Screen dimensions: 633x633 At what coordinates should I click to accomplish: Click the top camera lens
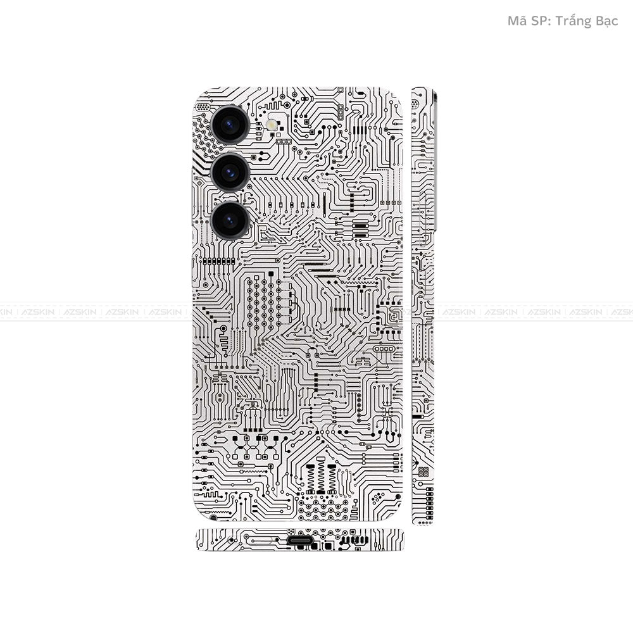click(229, 123)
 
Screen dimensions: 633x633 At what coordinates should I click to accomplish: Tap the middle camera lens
click(229, 172)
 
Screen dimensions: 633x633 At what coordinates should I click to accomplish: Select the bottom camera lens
click(229, 220)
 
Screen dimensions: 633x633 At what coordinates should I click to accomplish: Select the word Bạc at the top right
click(606, 21)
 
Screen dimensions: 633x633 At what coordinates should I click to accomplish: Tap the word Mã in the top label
click(517, 21)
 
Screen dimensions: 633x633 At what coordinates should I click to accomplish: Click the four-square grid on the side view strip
click(423, 472)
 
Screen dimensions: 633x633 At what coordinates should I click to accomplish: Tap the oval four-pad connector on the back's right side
click(384, 349)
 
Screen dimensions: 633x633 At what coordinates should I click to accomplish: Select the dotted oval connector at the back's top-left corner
click(202, 108)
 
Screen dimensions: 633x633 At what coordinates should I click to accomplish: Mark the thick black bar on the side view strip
click(417, 417)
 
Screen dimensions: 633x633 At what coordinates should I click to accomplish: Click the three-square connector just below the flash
click(284, 141)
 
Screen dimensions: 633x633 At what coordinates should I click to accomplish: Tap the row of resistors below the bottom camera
click(218, 261)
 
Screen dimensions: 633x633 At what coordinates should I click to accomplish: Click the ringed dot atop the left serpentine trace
click(223, 328)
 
